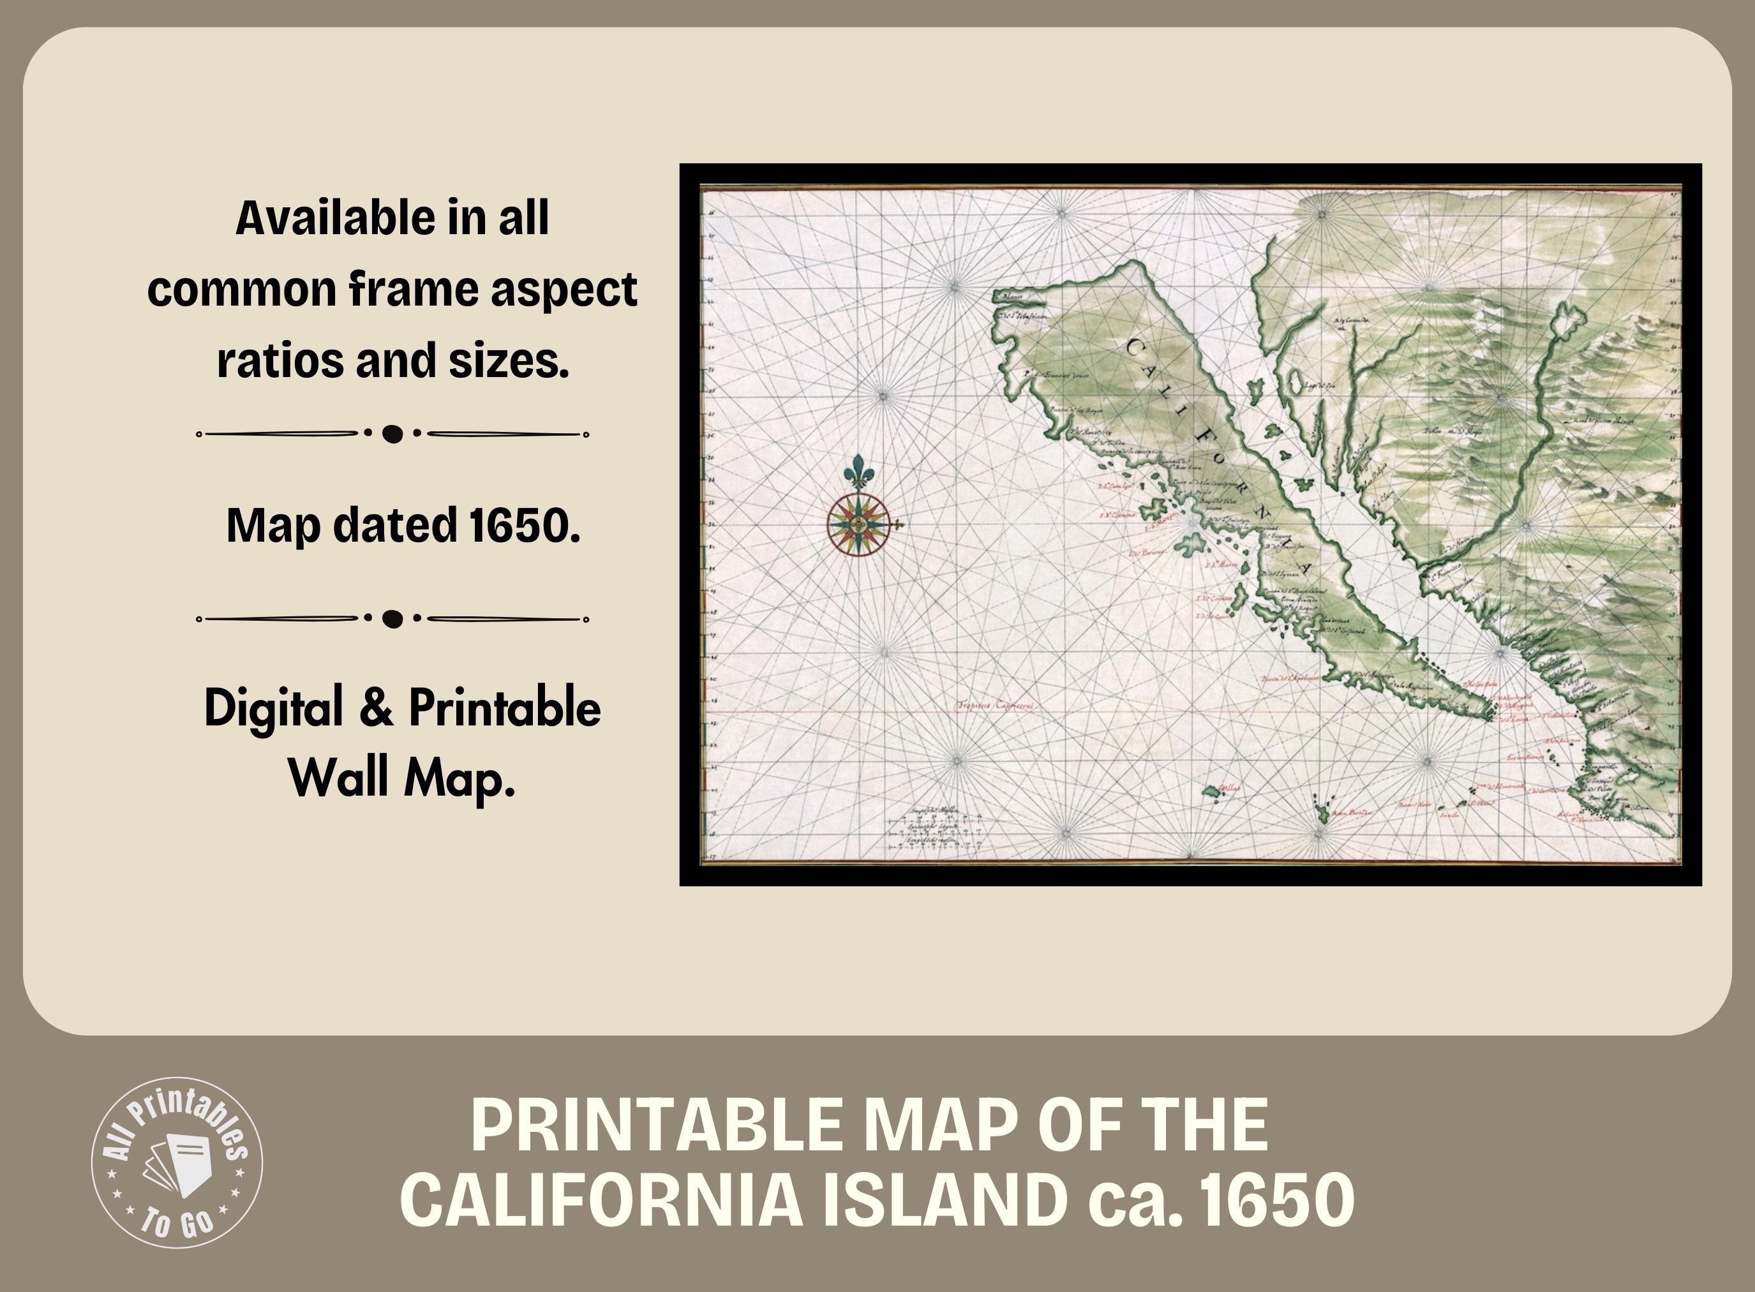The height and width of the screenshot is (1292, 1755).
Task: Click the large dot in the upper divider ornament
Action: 392,434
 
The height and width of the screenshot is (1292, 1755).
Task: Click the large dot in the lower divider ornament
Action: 392,620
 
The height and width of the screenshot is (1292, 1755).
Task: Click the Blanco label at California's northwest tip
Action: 1013,297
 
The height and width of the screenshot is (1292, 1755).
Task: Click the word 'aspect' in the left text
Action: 563,290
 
